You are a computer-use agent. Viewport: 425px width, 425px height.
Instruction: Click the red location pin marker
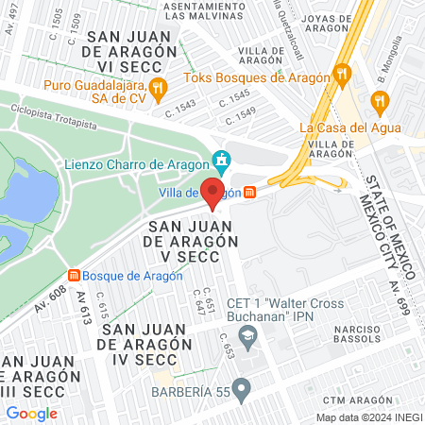coord(212,193)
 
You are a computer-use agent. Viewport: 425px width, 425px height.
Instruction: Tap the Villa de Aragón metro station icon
coord(248,192)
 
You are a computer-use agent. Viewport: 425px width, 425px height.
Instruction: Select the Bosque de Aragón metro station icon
coord(73,275)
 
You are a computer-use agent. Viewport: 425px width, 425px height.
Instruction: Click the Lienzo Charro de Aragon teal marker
coord(222,161)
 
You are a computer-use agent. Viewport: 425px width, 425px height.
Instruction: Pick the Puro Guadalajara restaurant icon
coord(159,90)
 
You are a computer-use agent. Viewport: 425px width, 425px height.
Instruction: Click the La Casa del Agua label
coord(349,127)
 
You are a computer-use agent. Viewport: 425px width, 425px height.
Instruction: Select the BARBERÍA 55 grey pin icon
coord(243,386)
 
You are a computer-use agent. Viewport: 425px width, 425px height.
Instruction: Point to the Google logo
coord(31,413)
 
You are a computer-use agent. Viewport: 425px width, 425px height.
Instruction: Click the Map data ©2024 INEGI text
coord(367,417)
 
